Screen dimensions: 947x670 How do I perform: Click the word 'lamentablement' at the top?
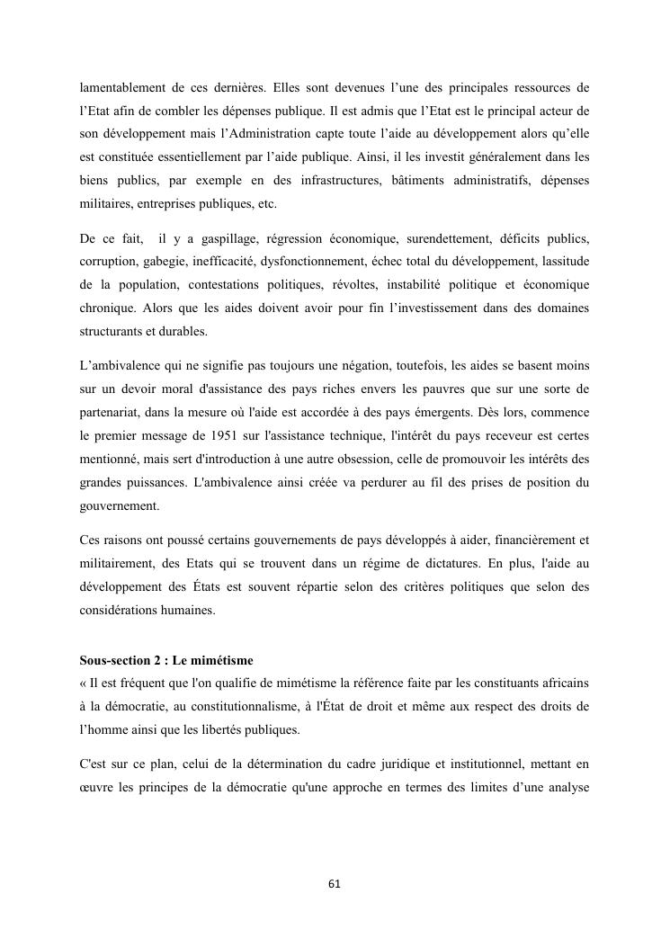tap(122, 87)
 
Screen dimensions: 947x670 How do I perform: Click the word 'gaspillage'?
tap(226, 238)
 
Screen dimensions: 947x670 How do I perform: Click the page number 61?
tap(335, 884)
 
